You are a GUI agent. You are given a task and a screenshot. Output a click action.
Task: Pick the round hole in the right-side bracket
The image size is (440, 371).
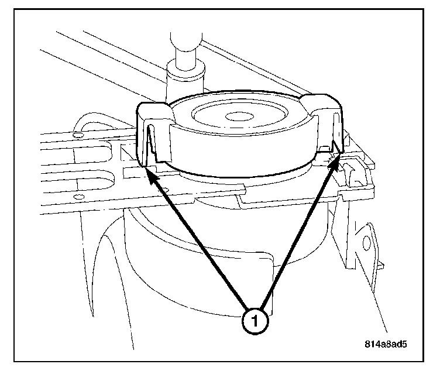[x=367, y=243]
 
